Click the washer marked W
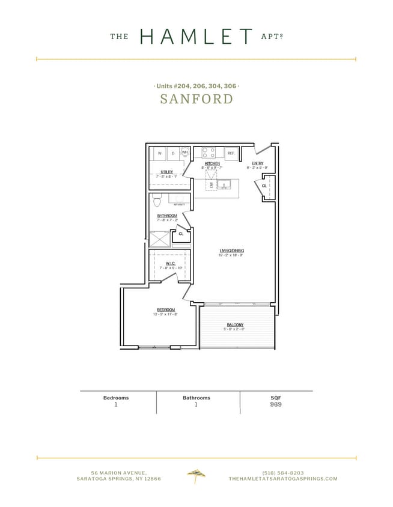159,153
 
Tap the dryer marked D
172,153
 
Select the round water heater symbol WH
185,153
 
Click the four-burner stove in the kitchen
208,153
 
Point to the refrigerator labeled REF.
231,153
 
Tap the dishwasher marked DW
211,184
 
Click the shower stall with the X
159,240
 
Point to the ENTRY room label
257,163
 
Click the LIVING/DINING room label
231,250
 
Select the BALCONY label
235,325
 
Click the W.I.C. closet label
170,263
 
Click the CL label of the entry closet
264,186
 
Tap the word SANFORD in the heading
196,99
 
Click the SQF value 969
276,405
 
